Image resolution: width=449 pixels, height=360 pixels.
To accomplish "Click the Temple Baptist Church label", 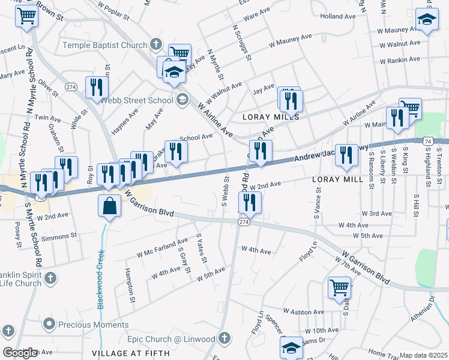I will point(104,45).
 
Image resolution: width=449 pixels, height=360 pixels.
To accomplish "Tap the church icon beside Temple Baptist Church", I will point(156,44).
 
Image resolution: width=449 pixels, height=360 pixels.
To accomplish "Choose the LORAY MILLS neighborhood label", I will point(270,116).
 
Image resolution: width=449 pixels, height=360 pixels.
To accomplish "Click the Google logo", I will point(20,353).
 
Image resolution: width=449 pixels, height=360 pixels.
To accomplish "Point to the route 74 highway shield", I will point(427,140).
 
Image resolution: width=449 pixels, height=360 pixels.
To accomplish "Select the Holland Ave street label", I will point(339,17).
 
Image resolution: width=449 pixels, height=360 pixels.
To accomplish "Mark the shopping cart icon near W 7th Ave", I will point(339,287).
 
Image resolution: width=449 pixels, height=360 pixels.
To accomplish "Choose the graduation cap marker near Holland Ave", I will point(427,20).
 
